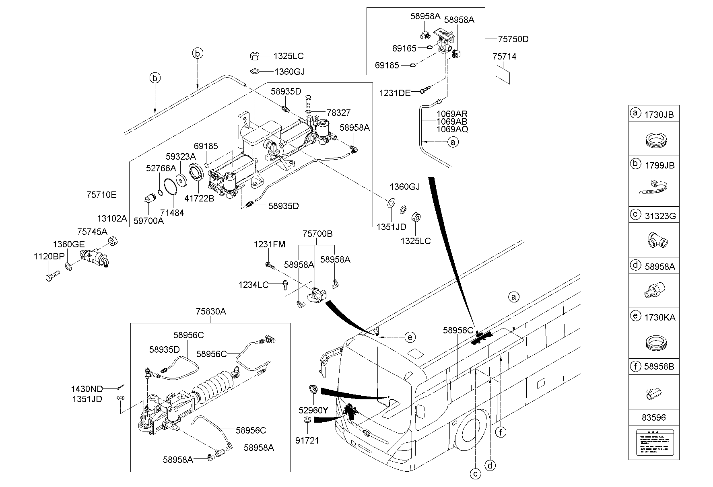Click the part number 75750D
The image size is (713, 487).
click(x=513, y=39)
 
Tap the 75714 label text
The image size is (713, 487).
click(x=504, y=57)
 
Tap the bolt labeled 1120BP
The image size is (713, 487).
click(x=52, y=277)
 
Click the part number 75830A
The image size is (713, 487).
click(x=211, y=311)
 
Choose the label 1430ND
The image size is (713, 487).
click(x=87, y=389)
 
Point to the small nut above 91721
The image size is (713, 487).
click(x=306, y=420)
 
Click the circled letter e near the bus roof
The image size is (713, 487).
click(x=410, y=337)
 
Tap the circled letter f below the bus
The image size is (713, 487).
click(x=501, y=432)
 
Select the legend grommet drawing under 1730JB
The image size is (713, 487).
click(x=653, y=141)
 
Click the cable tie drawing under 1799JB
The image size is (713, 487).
click(x=653, y=188)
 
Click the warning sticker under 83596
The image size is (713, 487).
click(x=653, y=442)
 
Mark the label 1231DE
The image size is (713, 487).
click(x=395, y=93)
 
